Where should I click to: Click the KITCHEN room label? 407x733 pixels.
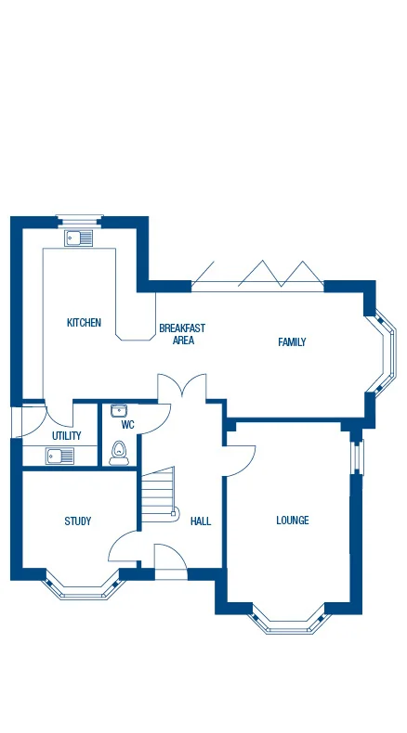[x=84, y=323]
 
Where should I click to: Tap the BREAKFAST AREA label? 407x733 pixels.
[x=182, y=334]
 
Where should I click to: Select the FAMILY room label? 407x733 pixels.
[x=292, y=342]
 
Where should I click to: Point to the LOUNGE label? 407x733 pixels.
[x=292, y=521]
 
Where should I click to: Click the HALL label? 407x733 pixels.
[x=200, y=521]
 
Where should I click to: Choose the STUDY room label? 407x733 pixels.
[x=78, y=521]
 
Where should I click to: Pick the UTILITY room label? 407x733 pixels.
[x=66, y=435]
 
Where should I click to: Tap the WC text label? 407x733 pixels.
[x=128, y=425]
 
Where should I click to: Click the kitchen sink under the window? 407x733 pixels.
[x=79, y=238]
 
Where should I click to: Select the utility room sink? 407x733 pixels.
[x=60, y=456]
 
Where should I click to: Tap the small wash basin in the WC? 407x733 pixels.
[x=119, y=410]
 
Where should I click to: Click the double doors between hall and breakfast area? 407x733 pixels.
[x=180, y=388]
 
